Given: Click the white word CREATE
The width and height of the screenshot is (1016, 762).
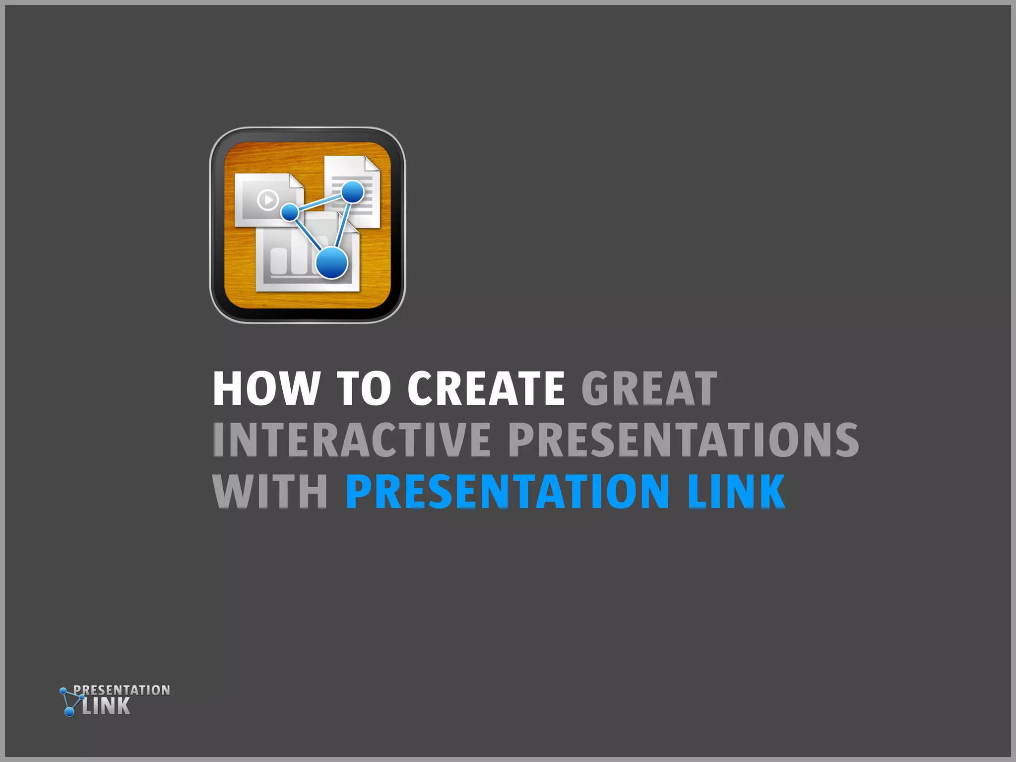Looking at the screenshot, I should (486, 388).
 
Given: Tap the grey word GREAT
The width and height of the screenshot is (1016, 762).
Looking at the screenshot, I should (649, 388).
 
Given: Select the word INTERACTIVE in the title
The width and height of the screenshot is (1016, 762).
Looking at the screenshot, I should (351, 440).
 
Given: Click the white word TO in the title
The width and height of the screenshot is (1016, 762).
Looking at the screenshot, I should (364, 388).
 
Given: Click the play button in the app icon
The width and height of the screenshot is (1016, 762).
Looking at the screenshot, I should (268, 200).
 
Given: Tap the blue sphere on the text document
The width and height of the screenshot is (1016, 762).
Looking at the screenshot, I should (353, 191).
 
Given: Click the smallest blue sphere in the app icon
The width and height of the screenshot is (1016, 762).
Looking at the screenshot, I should (290, 212).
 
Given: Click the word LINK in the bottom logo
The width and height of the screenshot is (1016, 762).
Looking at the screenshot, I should (106, 706).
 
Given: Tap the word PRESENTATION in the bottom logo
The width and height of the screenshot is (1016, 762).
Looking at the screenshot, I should (122, 690).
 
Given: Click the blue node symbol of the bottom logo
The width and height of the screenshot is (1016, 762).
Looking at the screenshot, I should (68, 702).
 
